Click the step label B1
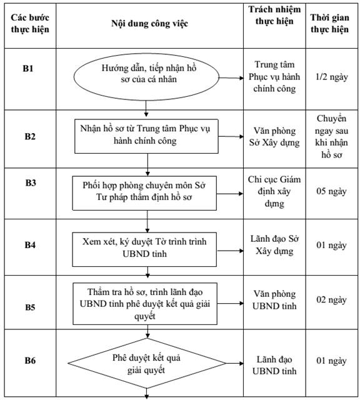pos(28,69)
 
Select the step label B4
pos(30,245)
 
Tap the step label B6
pos(30,361)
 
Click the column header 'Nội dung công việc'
pos(149,24)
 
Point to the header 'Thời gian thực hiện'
pos(329,23)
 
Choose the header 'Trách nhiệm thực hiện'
pos(274,15)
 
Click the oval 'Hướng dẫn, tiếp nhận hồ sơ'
pos(146,77)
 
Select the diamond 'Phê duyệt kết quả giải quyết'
pos(147,363)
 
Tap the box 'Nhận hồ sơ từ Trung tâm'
pos(146,136)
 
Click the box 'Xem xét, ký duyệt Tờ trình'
pos(144,249)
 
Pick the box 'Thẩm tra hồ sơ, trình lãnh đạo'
pos(145,304)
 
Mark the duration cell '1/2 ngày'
pos(332,77)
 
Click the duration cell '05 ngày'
pos(331,191)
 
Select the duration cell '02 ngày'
pos(331,300)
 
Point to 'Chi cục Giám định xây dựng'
pos(274,192)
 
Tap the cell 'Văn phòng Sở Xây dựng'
pos(274,136)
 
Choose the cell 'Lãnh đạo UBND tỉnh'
pos(274,365)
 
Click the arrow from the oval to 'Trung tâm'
pos(231,77)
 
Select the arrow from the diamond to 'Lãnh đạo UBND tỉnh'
pos(235,363)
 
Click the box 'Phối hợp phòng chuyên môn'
pos(144,193)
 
